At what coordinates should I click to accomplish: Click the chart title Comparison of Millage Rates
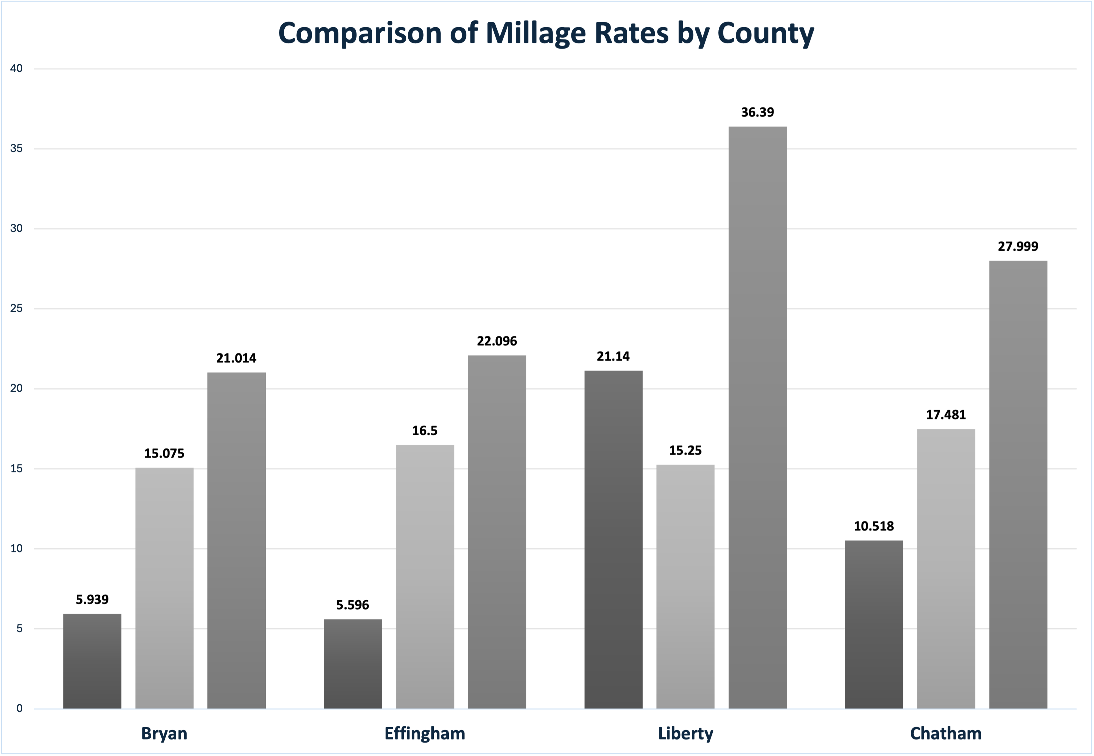coord(546,33)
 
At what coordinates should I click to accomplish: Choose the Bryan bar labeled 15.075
coord(164,588)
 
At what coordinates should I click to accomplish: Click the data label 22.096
coord(497,341)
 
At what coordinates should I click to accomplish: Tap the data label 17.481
coord(946,415)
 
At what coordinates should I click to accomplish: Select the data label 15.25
coord(685,451)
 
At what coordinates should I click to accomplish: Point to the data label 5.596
coord(353,605)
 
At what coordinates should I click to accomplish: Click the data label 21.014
coord(236,358)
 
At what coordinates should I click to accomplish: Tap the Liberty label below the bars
coord(685,733)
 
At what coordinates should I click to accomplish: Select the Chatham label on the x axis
coord(946,733)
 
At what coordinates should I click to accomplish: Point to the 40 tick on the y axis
coord(16,69)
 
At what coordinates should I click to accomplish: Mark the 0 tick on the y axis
coord(19,709)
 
